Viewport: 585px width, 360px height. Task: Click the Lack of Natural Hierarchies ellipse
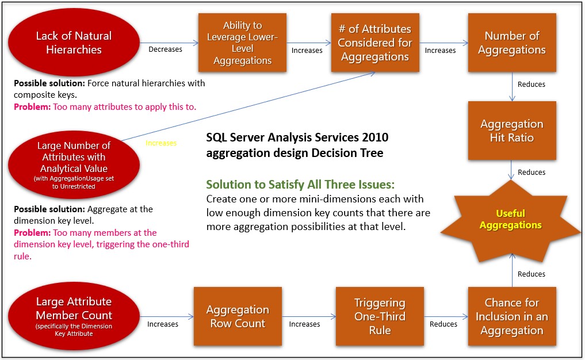(74, 43)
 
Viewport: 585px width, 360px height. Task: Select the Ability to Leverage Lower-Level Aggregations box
(242, 43)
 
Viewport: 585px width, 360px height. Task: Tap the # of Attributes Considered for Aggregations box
(374, 43)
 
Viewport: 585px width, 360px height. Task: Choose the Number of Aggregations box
(511, 43)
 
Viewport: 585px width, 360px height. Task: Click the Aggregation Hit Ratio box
(511, 131)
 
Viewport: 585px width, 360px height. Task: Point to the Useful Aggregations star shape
(511, 219)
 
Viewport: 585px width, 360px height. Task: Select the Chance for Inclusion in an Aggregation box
(511, 316)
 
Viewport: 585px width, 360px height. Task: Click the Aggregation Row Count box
(238, 316)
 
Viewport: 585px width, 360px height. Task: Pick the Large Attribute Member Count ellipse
(74, 315)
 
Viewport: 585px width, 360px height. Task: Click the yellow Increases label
(161, 143)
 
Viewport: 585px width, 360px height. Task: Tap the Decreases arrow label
(165, 49)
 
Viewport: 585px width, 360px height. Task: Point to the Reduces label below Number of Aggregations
(532, 85)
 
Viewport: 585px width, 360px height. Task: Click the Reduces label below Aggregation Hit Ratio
(532, 172)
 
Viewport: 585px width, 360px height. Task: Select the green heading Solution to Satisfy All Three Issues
(301, 185)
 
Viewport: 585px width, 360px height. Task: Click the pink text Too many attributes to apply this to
(124, 106)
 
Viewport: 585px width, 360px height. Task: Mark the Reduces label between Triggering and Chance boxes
(443, 324)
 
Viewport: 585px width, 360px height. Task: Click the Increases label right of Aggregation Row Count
(304, 324)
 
